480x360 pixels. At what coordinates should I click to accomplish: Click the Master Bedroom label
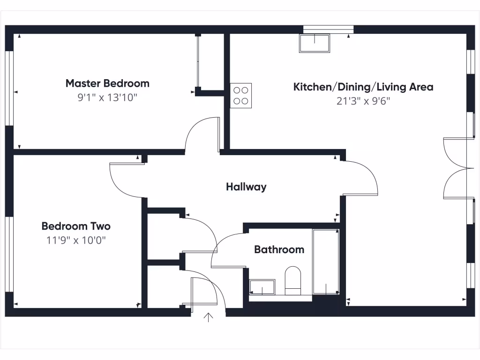tap(107, 83)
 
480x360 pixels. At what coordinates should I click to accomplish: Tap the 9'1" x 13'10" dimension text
tap(107, 98)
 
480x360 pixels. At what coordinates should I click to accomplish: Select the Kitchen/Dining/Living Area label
tap(363, 87)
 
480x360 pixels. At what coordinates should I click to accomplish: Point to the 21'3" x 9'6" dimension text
tap(363, 101)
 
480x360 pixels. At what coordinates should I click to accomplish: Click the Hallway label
tap(246, 187)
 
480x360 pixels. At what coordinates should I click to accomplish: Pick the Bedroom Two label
tap(76, 226)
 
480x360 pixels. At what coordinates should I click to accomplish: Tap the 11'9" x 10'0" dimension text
tap(76, 240)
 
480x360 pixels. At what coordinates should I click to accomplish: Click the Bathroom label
tap(279, 249)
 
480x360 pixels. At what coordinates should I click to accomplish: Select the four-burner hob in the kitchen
tap(241, 95)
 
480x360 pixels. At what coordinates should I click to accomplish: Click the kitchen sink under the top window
tap(315, 43)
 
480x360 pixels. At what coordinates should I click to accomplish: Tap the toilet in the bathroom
tap(293, 280)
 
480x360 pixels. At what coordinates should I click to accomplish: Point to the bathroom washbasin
tap(262, 287)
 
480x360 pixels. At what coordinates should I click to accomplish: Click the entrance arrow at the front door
tap(209, 318)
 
